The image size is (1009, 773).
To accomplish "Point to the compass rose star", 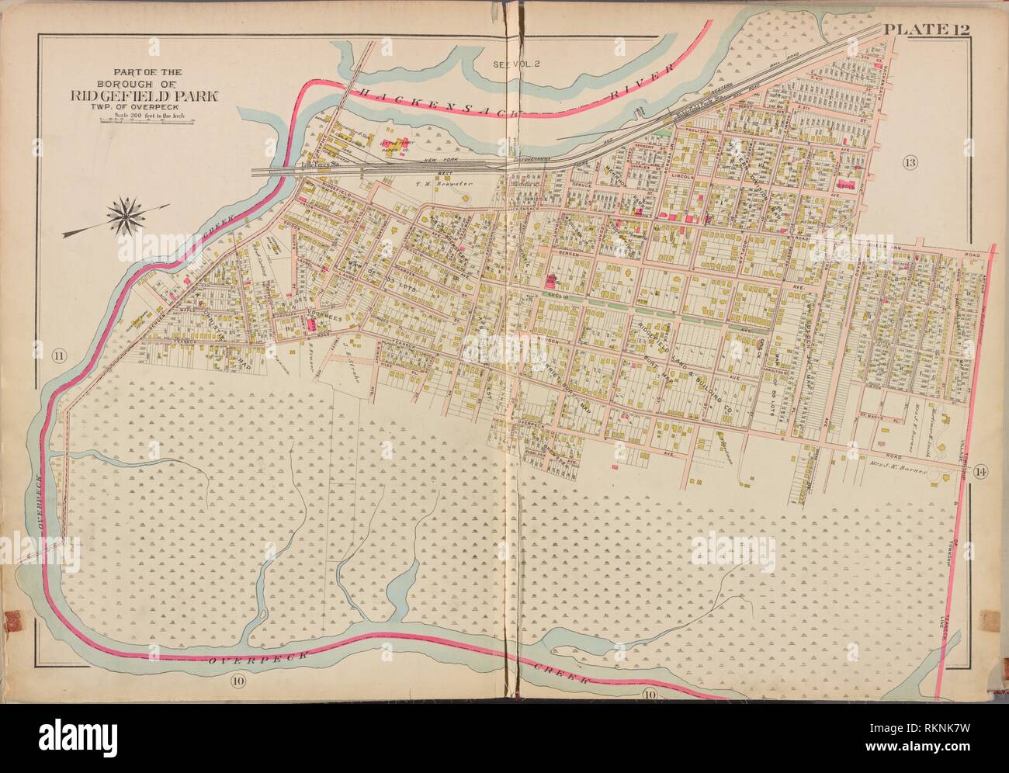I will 123,215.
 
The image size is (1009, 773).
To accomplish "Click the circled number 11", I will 57,357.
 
